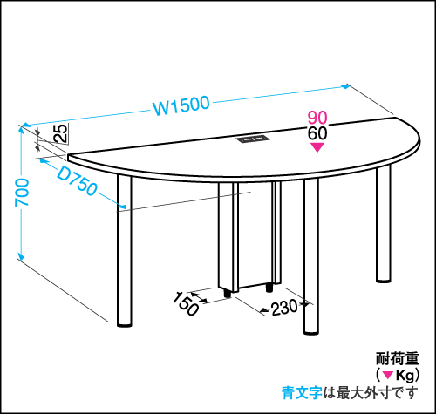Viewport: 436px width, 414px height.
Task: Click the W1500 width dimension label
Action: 181,105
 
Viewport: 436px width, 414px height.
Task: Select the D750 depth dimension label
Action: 77,181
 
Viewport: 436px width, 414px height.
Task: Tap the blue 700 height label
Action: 22,193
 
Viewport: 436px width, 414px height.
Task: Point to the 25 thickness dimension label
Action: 61,133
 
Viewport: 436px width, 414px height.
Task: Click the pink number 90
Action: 317,118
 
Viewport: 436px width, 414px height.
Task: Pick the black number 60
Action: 317,133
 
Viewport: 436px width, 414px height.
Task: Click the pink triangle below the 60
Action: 317,147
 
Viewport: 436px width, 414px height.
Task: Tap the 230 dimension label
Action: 284,308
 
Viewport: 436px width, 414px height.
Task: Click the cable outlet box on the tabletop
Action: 252,139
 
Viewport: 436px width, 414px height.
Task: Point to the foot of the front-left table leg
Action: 125,324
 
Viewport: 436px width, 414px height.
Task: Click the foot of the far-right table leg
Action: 384,281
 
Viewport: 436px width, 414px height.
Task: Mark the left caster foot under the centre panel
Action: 228,294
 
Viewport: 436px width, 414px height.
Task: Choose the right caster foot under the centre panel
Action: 269,288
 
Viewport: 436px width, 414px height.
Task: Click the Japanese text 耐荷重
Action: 398,358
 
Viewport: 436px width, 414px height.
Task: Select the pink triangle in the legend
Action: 387,375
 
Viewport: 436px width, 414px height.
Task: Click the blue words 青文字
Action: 302,393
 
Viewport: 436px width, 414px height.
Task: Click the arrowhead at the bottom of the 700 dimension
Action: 20,256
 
